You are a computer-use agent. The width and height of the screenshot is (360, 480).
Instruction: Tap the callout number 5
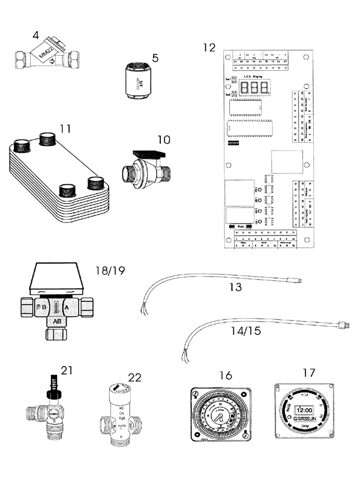[155, 58]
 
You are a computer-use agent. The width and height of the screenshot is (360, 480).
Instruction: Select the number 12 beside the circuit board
[208, 47]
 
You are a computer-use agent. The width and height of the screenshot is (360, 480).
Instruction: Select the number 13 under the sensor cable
[235, 287]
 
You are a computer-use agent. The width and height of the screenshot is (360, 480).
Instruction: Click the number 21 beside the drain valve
[67, 370]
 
